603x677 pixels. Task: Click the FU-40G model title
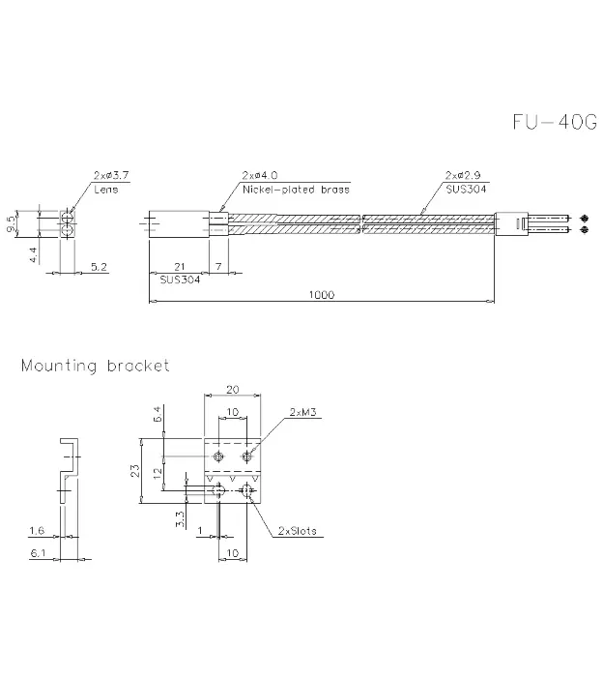point(555,122)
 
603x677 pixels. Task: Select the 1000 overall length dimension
point(322,295)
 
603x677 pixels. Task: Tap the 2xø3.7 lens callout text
point(111,175)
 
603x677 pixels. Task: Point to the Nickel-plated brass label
point(296,190)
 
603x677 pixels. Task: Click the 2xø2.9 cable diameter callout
point(463,175)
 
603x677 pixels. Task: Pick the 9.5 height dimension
point(12,223)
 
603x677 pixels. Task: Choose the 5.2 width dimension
point(99,267)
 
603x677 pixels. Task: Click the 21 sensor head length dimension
point(180,267)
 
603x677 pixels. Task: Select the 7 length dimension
point(218,267)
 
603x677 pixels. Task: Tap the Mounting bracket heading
point(96,367)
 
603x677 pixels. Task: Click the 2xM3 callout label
point(302,412)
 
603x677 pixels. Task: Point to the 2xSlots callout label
point(298,531)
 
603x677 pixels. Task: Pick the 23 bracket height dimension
point(135,471)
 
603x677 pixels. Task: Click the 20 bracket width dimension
point(233,390)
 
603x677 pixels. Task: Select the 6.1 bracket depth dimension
point(38,553)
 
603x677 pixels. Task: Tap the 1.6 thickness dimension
point(37,530)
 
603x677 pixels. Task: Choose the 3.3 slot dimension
point(180,519)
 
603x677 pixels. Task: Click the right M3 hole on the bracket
point(247,456)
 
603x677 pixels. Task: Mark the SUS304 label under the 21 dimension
point(180,280)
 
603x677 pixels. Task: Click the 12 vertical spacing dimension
point(158,473)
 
